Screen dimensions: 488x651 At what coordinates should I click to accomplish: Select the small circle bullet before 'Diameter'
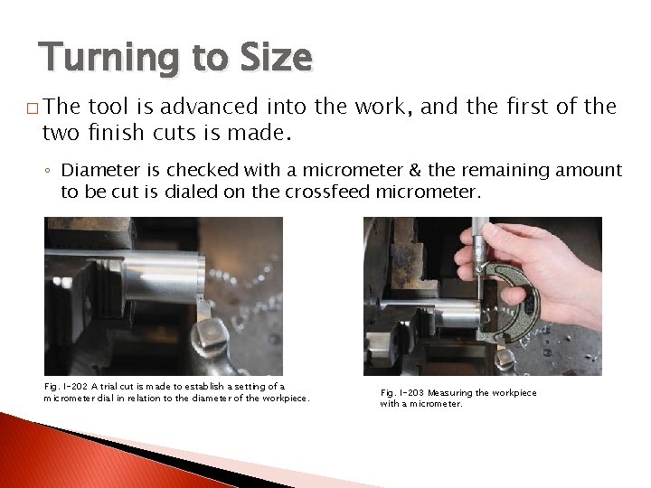coord(52,170)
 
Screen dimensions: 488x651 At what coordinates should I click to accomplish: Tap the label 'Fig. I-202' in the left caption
coord(65,386)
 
